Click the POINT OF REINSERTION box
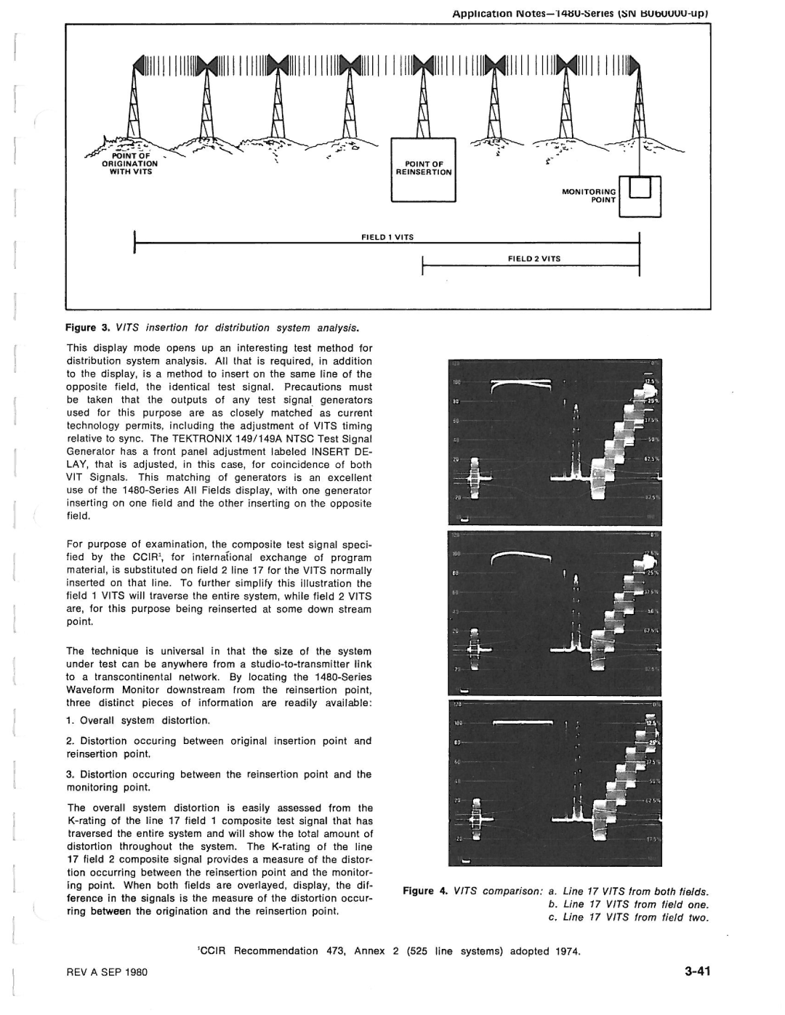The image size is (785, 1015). pyautogui.click(x=423, y=169)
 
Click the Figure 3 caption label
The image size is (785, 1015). pyautogui.click(x=88, y=328)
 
